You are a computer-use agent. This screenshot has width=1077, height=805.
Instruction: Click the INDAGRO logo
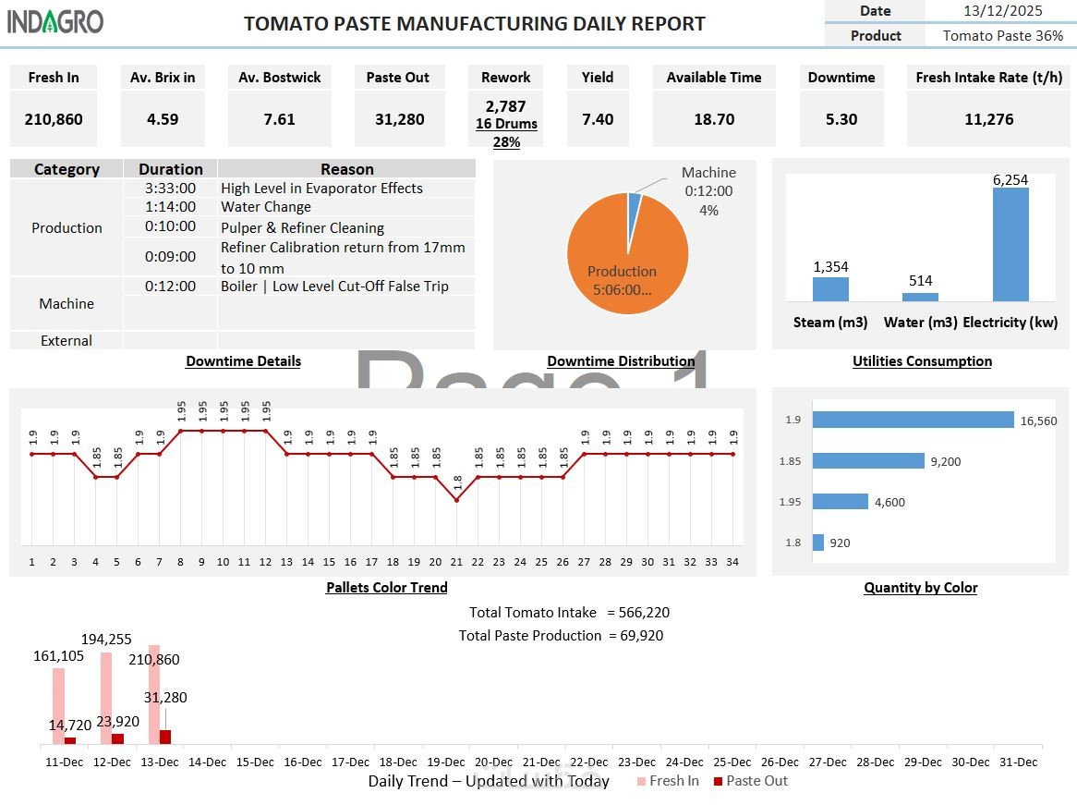point(55,21)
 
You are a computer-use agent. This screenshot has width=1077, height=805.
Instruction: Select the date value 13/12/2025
point(1002,11)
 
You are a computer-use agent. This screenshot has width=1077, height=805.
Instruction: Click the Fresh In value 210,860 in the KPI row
point(54,119)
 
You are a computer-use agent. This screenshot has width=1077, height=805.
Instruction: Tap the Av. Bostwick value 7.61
point(279,119)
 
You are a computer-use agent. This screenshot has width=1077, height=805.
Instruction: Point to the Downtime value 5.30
point(841,119)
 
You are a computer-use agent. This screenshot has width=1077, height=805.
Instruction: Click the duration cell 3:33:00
point(170,188)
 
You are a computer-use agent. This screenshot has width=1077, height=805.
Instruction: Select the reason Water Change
point(266,207)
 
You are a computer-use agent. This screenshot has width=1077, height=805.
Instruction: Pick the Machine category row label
point(67,303)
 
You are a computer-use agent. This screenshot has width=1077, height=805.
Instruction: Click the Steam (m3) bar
point(830,289)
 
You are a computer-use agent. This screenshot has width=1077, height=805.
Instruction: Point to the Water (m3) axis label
point(920,323)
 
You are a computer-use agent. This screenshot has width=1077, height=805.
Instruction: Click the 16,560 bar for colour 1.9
point(913,420)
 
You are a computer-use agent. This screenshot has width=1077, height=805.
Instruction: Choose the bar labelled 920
point(817,543)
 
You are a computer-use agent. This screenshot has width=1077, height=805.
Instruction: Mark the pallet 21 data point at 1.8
point(456,499)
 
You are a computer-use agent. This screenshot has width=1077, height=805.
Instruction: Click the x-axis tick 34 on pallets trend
point(733,561)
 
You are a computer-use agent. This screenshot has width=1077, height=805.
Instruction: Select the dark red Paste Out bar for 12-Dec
point(117,738)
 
